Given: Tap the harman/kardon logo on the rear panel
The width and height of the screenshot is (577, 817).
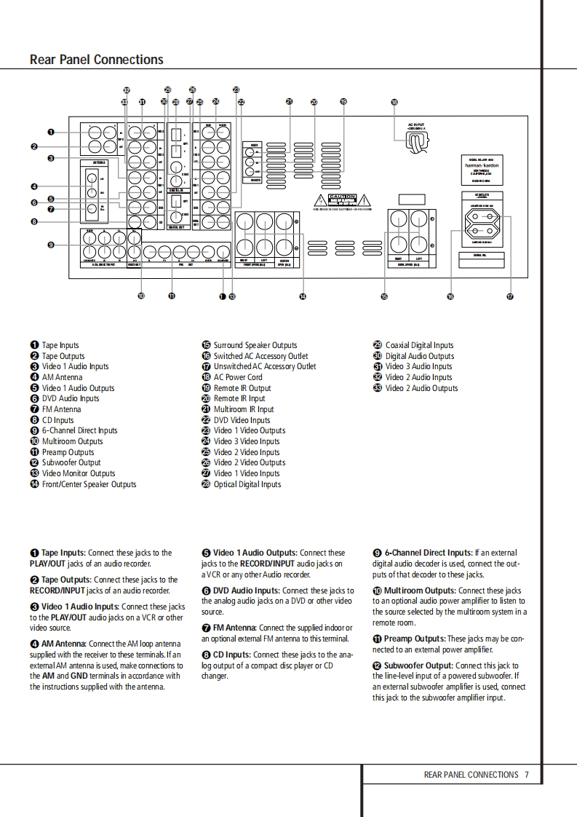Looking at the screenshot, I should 482,165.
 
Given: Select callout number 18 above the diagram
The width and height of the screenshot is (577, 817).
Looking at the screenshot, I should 394,103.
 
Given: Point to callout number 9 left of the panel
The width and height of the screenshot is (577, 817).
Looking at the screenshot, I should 51,245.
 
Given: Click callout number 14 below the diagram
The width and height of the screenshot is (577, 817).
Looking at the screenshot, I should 303,296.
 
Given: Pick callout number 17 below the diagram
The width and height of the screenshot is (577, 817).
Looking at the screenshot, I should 510,296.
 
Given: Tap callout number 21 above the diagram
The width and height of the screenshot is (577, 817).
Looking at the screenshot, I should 289,102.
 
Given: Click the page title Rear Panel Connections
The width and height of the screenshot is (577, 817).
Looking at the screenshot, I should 97,60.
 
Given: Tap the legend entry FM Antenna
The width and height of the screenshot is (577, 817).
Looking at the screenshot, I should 61,409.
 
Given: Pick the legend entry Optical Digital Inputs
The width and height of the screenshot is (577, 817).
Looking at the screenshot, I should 247,484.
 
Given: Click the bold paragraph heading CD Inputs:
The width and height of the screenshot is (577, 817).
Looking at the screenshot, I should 232,655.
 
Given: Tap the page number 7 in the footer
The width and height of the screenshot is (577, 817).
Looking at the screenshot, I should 526,775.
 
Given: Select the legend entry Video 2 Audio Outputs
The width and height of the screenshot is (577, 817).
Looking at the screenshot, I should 421,388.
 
